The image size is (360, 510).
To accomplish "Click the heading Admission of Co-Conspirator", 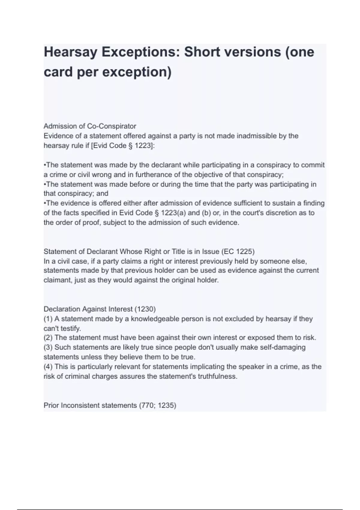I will tap(90, 126).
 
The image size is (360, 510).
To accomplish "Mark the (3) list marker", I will tap(48, 347).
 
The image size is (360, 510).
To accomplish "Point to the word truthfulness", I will tap(217, 376).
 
